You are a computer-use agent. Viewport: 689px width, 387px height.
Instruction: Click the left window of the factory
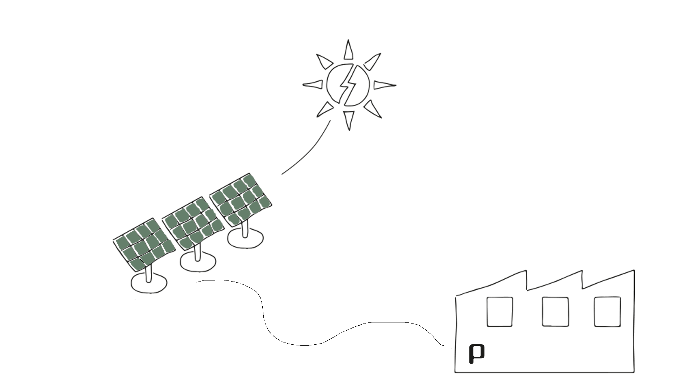[464, 227]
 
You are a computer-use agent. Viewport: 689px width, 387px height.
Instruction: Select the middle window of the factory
[520, 227]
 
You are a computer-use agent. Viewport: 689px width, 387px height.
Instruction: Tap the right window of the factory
[572, 227]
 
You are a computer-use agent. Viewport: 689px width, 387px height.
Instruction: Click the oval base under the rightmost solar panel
[245, 240]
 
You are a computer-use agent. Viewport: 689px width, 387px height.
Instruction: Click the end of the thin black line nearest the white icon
[445, 346]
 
